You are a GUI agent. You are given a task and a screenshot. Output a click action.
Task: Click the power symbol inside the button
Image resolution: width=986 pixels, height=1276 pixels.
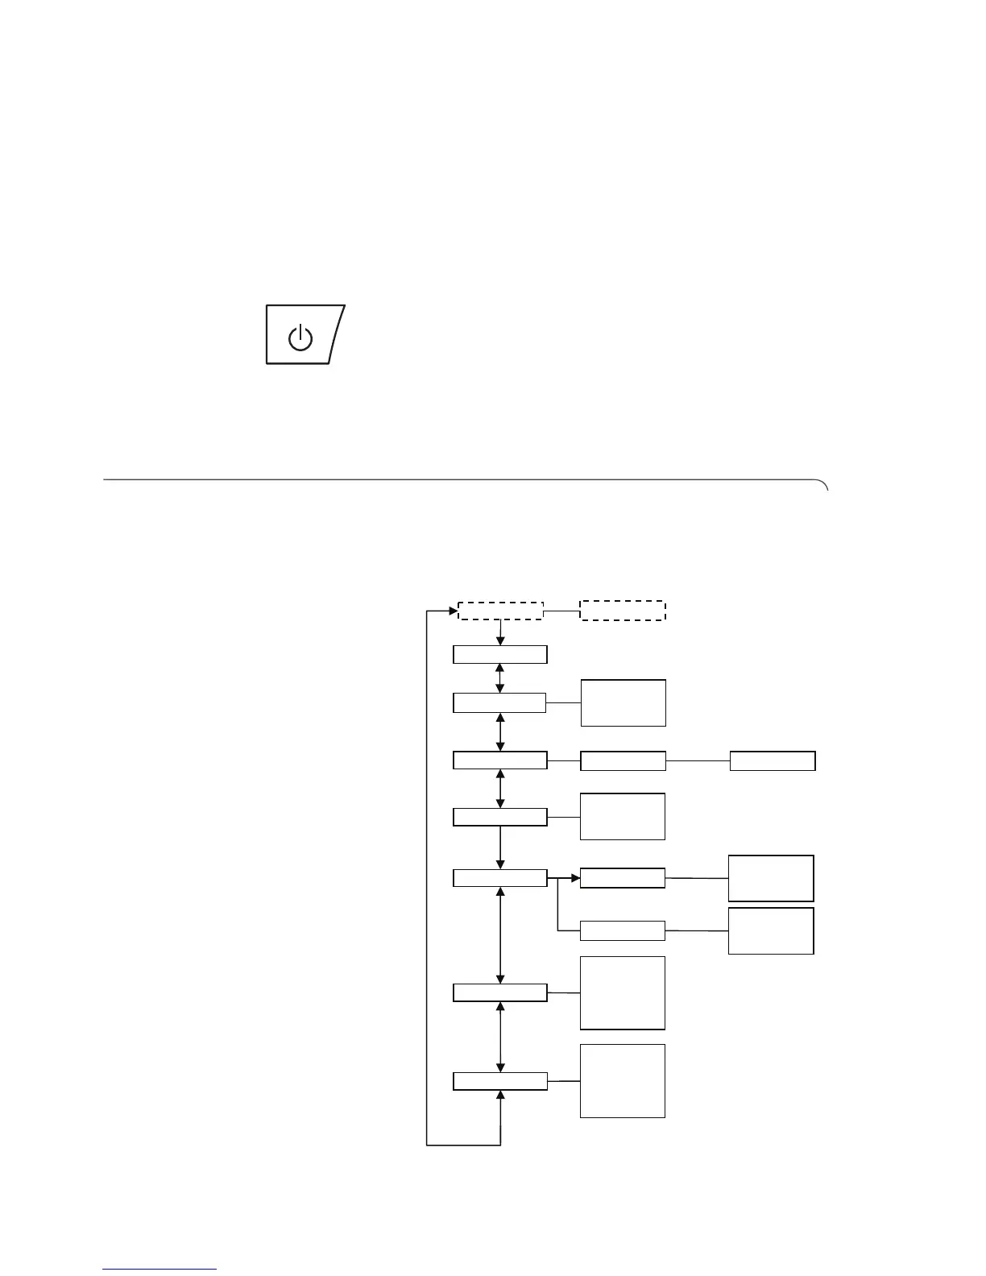(x=300, y=337)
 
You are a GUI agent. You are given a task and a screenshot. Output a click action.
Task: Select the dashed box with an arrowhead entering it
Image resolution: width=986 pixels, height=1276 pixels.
(x=500, y=611)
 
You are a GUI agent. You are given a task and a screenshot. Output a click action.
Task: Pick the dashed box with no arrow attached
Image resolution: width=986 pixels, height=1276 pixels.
(x=623, y=611)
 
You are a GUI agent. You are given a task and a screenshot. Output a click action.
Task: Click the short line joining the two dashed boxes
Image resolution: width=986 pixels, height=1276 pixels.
(x=562, y=611)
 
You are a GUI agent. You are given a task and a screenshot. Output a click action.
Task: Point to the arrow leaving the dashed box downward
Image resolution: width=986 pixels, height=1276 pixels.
(x=500, y=632)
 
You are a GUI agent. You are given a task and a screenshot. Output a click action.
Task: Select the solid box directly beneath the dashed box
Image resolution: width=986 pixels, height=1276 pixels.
(x=500, y=654)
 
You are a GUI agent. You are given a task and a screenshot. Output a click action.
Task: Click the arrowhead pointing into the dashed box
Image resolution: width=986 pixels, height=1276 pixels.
(x=453, y=611)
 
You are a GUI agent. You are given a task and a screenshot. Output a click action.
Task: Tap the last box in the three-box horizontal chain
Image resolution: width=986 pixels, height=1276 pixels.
(x=773, y=760)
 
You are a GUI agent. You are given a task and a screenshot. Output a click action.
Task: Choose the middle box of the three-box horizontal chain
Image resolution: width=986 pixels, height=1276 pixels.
(x=623, y=760)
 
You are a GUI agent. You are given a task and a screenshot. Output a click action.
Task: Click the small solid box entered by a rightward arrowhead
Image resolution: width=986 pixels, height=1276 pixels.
(x=623, y=878)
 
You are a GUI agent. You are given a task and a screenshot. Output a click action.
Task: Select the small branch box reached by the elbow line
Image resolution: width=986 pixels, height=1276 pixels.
(x=623, y=930)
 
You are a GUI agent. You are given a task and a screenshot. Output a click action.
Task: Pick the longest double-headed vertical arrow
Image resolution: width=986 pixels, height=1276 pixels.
(x=501, y=935)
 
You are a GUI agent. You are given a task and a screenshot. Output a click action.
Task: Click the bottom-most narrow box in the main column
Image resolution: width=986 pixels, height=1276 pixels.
(x=500, y=1081)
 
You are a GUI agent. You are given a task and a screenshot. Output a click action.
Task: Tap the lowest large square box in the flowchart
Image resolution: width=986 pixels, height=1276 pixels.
(x=623, y=1081)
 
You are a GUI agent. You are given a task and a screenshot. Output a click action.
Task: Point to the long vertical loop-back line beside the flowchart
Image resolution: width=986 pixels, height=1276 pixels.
(x=426, y=878)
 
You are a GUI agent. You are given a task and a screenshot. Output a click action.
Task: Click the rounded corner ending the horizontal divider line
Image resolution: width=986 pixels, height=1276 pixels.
(x=823, y=484)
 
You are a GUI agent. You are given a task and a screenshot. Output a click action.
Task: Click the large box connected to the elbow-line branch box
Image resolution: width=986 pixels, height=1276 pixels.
(x=771, y=930)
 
